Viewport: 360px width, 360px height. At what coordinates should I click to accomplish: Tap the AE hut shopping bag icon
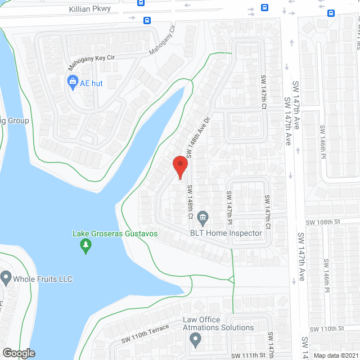click(x=73, y=83)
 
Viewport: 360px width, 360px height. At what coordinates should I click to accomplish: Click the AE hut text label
click(x=91, y=83)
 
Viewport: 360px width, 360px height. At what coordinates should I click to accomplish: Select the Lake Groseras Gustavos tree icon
click(x=85, y=245)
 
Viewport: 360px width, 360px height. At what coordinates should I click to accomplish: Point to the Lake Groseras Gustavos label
click(x=115, y=233)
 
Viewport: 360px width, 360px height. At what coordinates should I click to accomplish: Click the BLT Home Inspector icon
click(x=203, y=216)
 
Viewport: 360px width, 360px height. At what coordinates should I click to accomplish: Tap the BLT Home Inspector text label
click(x=226, y=233)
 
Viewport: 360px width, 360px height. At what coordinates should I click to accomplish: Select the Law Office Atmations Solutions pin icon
click(x=195, y=339)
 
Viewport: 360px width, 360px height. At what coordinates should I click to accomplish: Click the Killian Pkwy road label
click(x=89, y=9)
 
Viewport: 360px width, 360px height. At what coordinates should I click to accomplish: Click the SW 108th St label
click(x=323, y=222)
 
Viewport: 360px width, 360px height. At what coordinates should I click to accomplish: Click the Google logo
click(x=19, y=353)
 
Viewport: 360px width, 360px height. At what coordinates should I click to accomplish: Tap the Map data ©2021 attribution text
click(x=335, y=355)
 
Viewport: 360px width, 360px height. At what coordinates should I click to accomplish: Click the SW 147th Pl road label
click(x=229, y=205)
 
